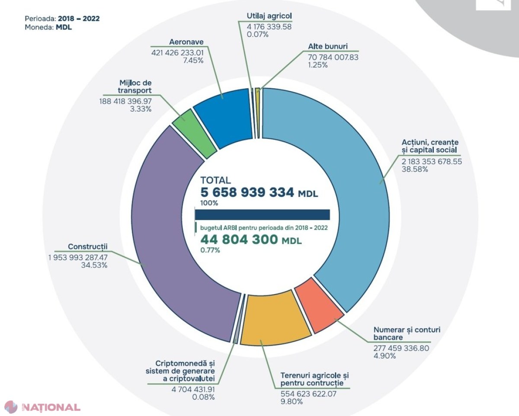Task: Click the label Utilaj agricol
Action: point(269,16)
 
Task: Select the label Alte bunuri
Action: point(328,46)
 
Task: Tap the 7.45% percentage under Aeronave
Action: point(193,60)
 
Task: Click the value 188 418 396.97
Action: point(125,101)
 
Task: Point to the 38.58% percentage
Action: point(415,169)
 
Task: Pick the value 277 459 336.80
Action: point(401,348)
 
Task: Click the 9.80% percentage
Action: point(292,402)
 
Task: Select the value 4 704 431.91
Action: point(193,390)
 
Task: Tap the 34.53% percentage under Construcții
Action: point(94,265)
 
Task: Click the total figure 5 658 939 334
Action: point(247,192)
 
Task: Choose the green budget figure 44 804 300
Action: point(239,240)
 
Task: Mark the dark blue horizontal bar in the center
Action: point(263,214)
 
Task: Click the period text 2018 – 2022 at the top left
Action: point(79,19)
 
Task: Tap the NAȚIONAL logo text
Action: point(51,407)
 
